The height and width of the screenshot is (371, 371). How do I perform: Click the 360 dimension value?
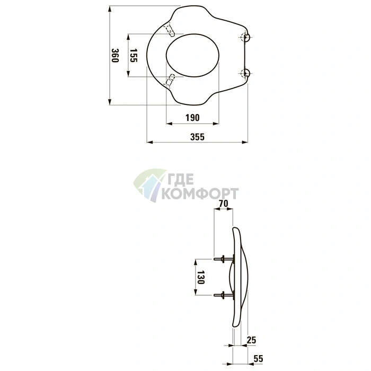115,55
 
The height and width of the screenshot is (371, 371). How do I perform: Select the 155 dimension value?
134,55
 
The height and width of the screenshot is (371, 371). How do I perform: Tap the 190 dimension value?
192,118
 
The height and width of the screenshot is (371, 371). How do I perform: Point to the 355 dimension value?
197,137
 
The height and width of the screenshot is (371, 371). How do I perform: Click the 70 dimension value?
223,204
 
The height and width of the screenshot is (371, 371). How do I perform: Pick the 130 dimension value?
201,277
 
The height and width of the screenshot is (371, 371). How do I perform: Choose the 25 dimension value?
251,340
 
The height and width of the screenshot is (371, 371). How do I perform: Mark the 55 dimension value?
258,359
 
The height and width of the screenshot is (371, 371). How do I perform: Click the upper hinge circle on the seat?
245,38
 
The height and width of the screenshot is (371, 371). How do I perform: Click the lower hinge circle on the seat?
245,73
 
